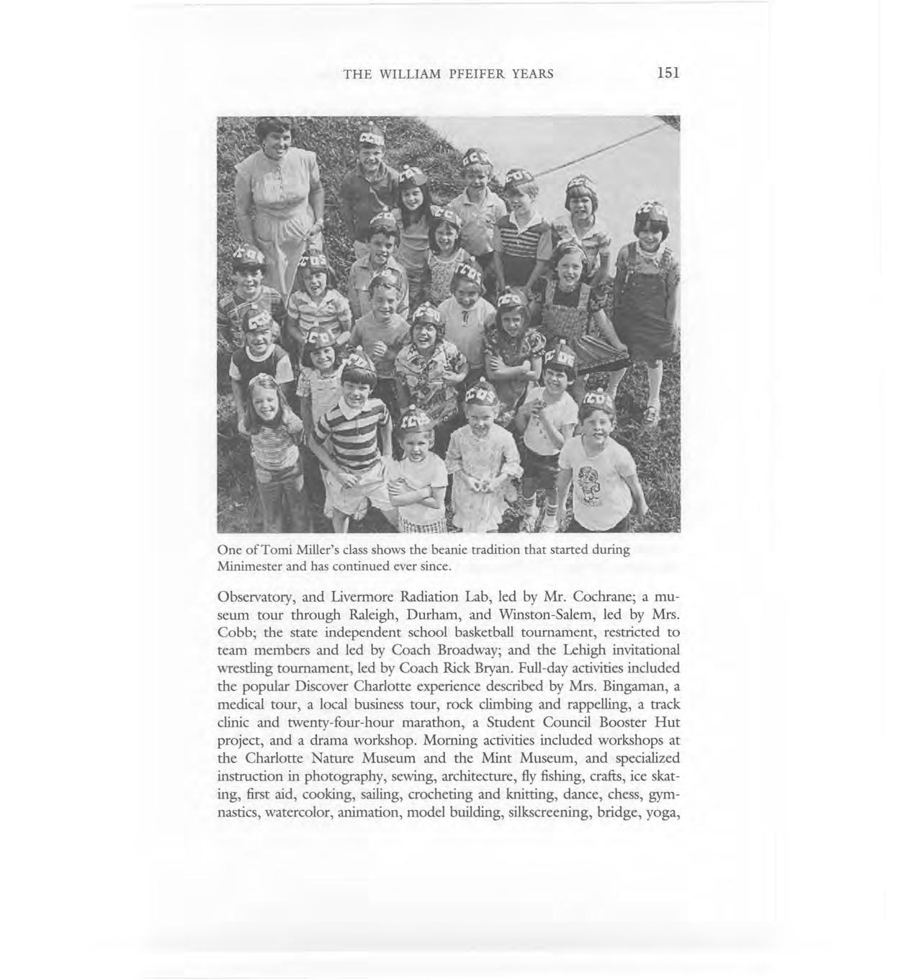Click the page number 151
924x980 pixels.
668,73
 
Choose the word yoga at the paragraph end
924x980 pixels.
662,813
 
